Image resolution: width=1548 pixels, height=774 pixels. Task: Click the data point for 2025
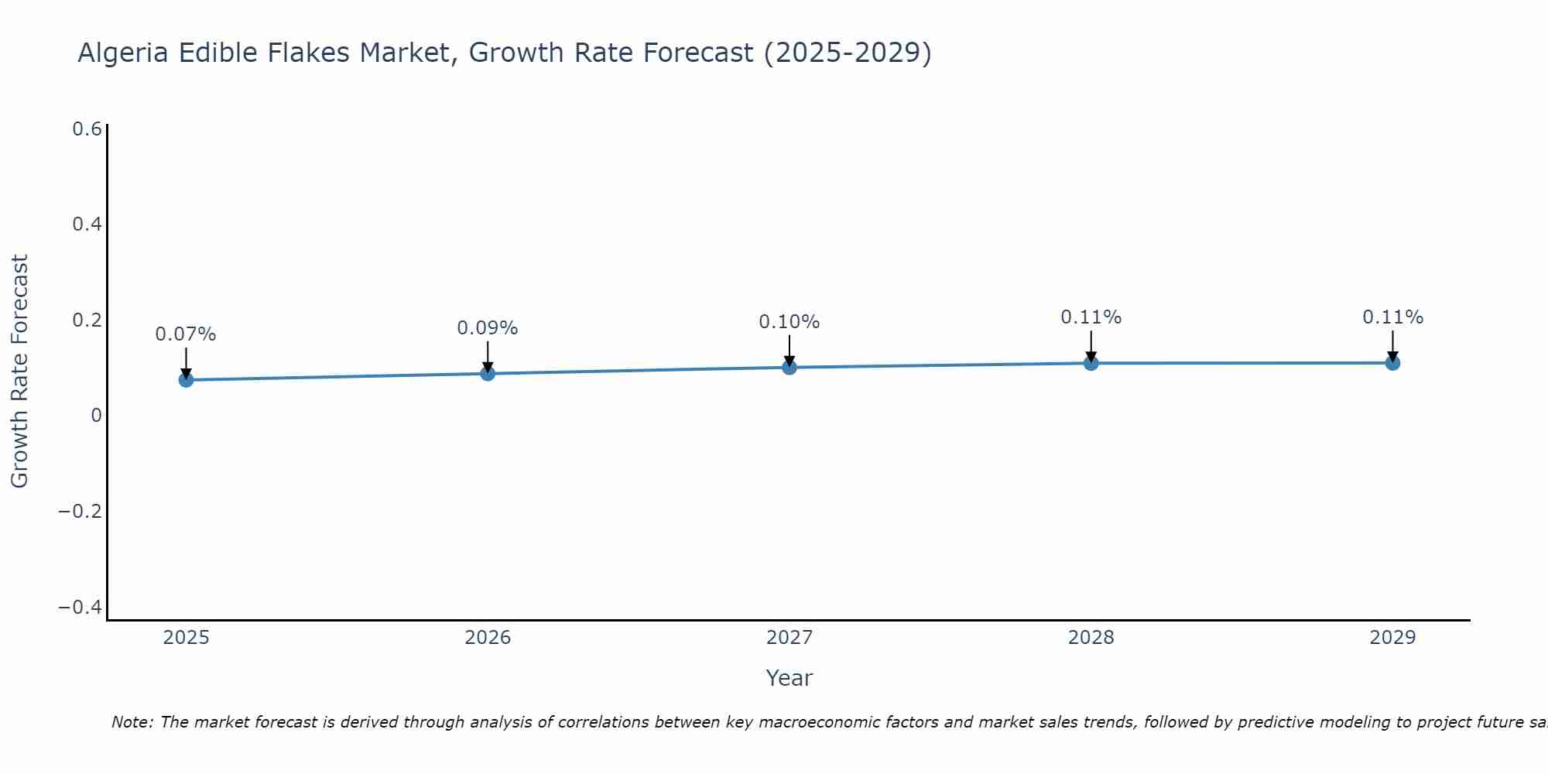(186, 380)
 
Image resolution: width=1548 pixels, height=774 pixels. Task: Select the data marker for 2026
(488, 374)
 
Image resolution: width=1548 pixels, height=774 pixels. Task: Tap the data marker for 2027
(789, 367)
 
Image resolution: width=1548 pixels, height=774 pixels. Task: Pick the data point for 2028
(1091, 363)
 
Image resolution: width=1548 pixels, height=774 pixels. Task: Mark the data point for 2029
(1392, 363)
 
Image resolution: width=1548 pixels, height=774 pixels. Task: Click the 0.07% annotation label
(186, 334)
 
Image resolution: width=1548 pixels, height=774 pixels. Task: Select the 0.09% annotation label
(488, 328)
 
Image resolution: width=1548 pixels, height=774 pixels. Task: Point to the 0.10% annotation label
(789, 322)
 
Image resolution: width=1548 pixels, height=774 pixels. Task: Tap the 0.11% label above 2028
(1091, 317)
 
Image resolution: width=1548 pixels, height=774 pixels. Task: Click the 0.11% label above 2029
(1392, 317)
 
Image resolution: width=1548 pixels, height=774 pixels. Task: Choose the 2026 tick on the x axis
(488, 638)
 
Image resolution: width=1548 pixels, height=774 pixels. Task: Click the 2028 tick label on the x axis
(1091, 638)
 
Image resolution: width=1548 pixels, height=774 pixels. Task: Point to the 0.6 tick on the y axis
(87, 129)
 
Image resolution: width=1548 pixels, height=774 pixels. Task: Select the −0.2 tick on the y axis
(80, 512)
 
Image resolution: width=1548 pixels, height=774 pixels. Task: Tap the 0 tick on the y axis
(96, 416)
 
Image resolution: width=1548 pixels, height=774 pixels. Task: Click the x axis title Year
(789, 678)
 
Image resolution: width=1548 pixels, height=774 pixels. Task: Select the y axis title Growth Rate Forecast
(19, 372)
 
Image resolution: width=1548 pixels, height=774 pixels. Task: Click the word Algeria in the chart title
(123, 53)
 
